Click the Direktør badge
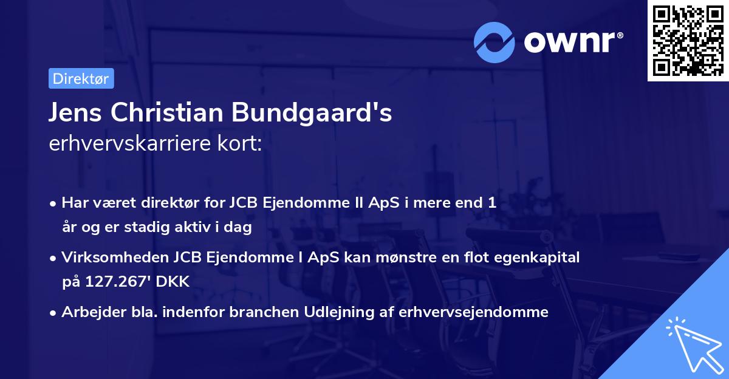[81, 79]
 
